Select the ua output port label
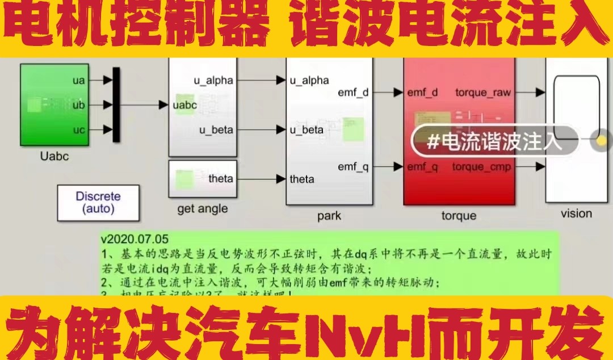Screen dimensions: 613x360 pyautogui.click(x=78, y=81)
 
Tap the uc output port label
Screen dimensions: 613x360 pyautogui.click(x=78, y=130)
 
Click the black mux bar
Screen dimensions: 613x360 pyautogui.click(x=116, y=104)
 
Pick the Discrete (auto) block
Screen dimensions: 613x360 pyautogui.click(x=98, y=202)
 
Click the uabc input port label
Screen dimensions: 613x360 pyautogui.click(x=185, y=105)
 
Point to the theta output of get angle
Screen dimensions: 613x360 pyautogui.click(x=220, y=178)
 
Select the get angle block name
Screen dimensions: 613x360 pyautogui.click(x=202, y=209)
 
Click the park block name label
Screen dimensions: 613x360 pyautogui.click(x=329, y=216)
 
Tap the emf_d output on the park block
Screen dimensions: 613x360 pyautogui.click(x=353, y=92)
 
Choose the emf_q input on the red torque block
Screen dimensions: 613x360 pyautogui.click(x=423, y=167)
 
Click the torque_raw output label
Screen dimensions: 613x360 pyautogui.click(x=482, y=92)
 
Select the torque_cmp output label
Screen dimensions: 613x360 pyautogui.click(x=481, y=167)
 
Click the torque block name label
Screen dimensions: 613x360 pyautogui.click(x=459, y=216)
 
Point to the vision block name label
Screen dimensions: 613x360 pyautogui.click(x=576, y=214)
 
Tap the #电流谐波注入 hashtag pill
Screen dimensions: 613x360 pyautogui.click(x=494, y=141)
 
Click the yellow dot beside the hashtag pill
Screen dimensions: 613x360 pyautogui.click(x=601, y=140)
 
